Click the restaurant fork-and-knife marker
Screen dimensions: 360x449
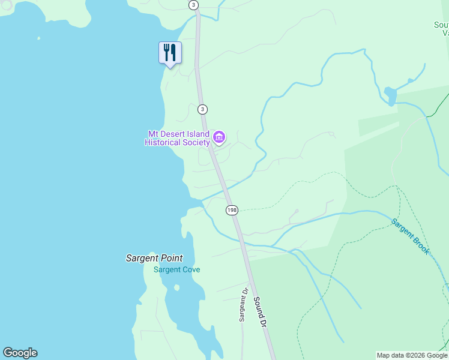click(x=170, y=53)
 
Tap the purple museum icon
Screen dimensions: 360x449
click(x=219, y=138)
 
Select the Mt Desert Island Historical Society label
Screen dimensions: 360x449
click(x=178, y=138)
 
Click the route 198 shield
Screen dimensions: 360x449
click(x=232, y=210)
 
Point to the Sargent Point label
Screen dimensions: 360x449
click(x=154, y=258)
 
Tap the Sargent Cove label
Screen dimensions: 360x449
click(x=176, y=269)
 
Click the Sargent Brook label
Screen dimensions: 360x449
click(x=411, y=236)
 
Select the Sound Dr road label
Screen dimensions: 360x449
click(x=259, y=311)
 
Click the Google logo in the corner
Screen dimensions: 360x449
click(x=20, y=353)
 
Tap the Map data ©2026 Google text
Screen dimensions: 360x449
click(x=412, y=355)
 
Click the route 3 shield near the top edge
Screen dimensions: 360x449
click(x=193, y=5)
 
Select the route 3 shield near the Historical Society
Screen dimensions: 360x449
click(x=203, y=109)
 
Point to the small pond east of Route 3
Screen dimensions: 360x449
click(x=390, y=95)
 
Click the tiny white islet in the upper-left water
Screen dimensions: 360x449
click(x=39, y=38)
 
